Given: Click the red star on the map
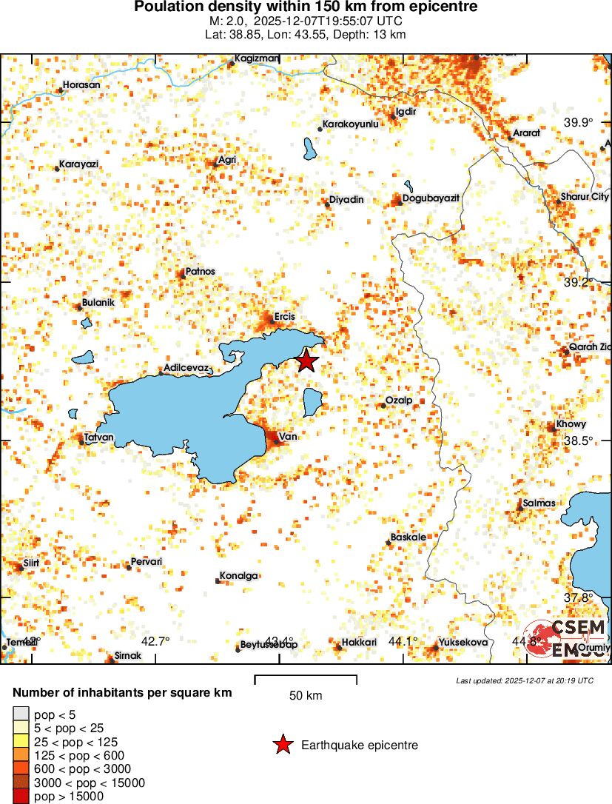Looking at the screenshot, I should pyautogui.click(x=306, y=361).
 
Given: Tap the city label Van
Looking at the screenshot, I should pyautogui.click(x=289, y=438).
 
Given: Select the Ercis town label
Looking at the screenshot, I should pyautogui.click(x=285, y=317).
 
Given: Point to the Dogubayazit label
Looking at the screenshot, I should pyautogui.click(x=431, y=199).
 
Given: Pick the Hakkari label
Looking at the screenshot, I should pyautogui.click(x=360, y=643).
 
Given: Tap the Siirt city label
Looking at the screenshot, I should pyautogui.click(x=31, y=563).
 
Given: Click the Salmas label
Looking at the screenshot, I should pyautogui.click(x=539, y=503).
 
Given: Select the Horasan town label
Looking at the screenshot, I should pyautogui.click(x=81, y=85).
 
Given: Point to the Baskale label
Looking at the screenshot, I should pyautogui.click(x=408, y=537).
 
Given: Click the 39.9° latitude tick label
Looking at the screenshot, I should pyautogui.click(x=579, y=123).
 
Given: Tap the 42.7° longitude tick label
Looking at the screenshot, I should pyautogui.click(x=155, y=641).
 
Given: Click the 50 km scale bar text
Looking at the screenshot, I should pyautogui.click(x=305, y=696).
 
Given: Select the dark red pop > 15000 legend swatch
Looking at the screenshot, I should pyautogui.click(x=21, y=797).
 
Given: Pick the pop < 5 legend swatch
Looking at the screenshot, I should pyautogui.click(x=21, y=714).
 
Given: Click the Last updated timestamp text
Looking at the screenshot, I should pyautogui.click(x=525, y=680).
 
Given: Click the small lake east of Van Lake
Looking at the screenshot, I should pyautogui.click(x=312, y=402).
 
